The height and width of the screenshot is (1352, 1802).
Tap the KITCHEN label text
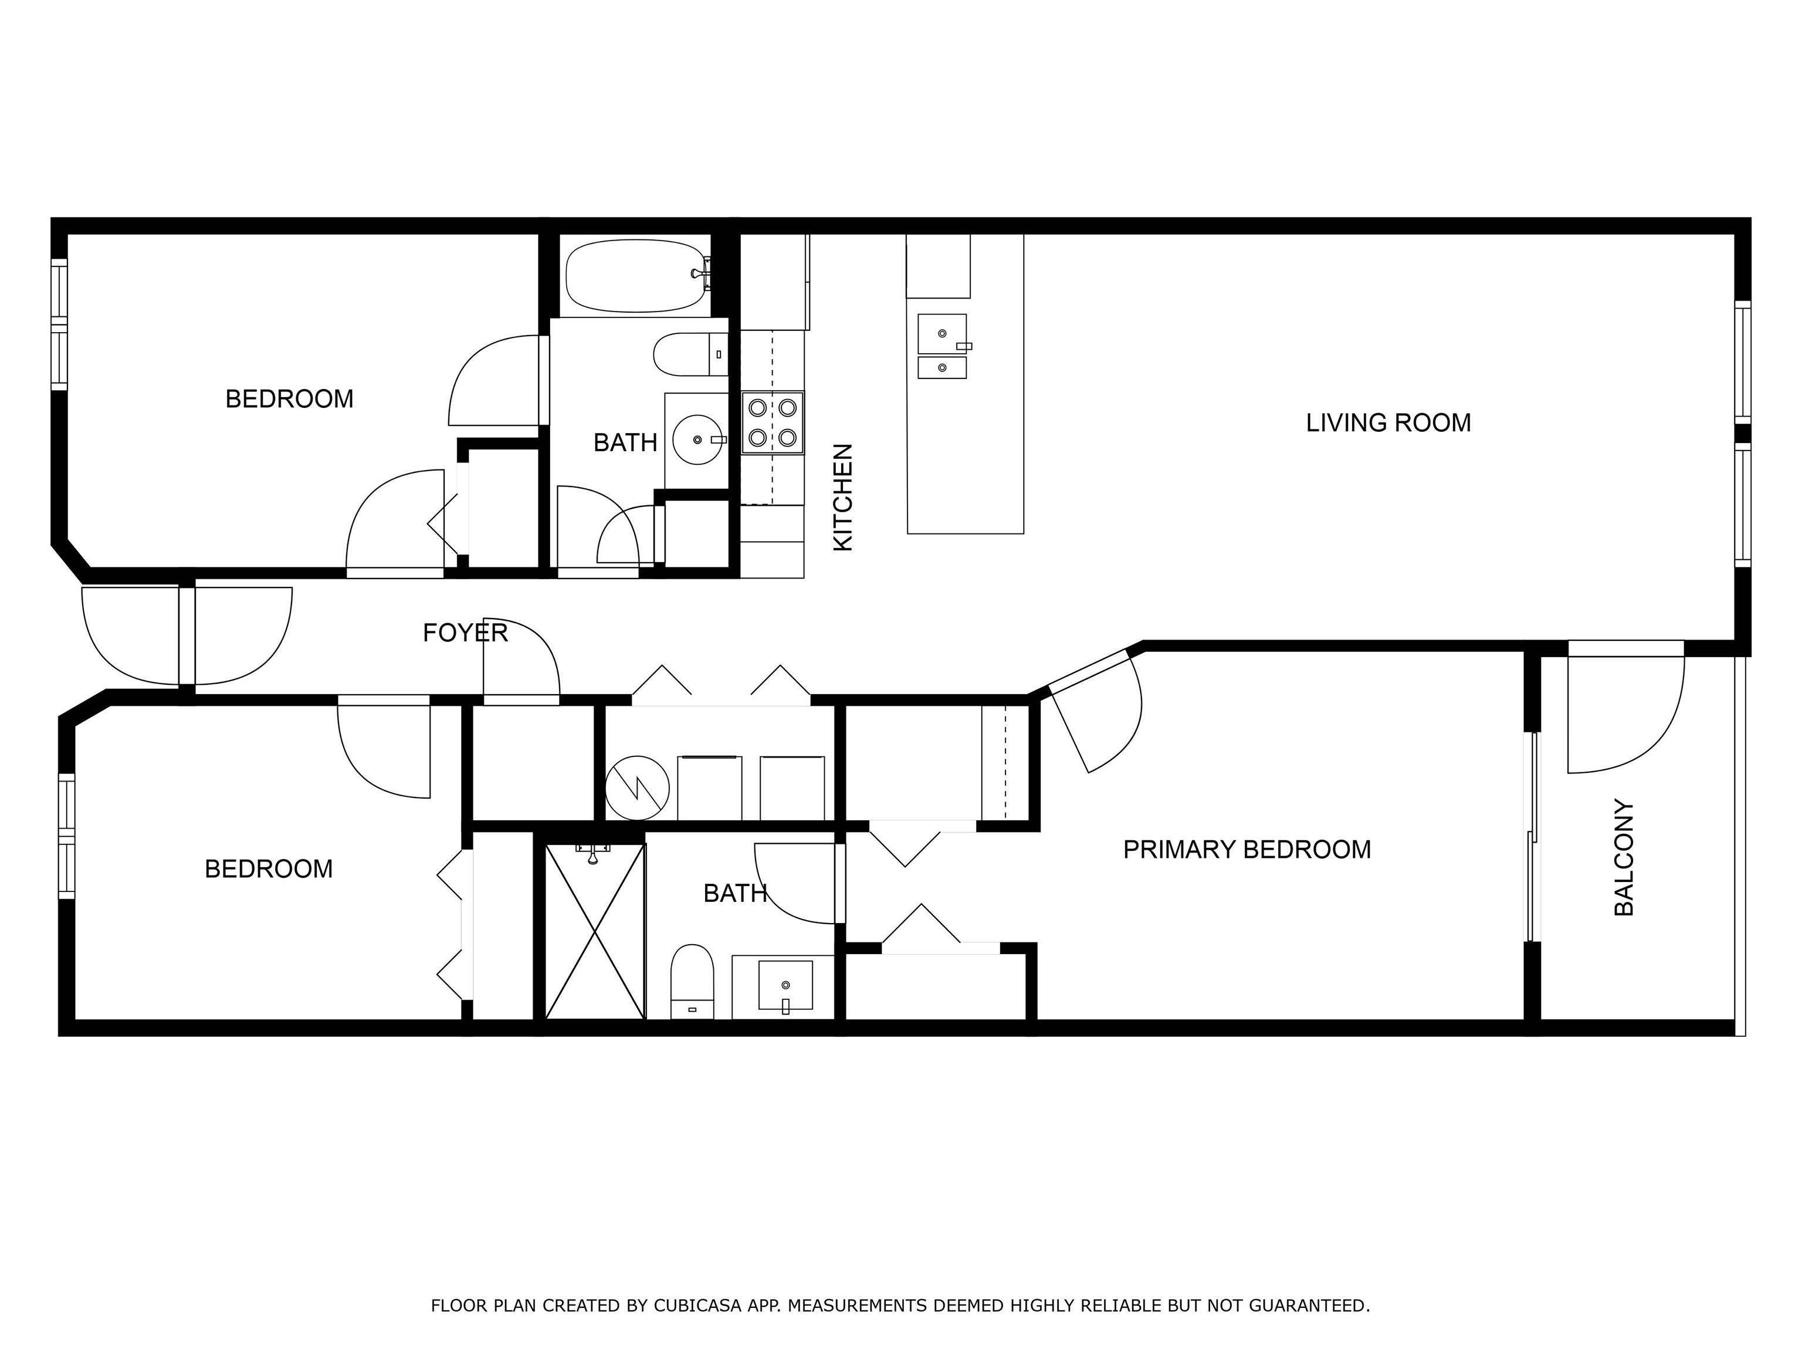tap(843, 497)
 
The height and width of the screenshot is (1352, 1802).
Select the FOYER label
tap(465, 633)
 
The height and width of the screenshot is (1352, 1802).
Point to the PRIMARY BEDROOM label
tap(1247, 850)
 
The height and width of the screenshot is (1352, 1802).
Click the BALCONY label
tap(1624, 857)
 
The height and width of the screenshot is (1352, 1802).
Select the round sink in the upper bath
tap(698, 440)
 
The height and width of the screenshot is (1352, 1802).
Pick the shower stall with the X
tap(595, 931)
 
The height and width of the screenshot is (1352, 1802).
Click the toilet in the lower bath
tap(692, 982)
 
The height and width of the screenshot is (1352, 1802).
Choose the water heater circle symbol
tap(637, 788)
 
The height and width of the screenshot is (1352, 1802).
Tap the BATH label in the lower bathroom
tap(736, 894)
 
